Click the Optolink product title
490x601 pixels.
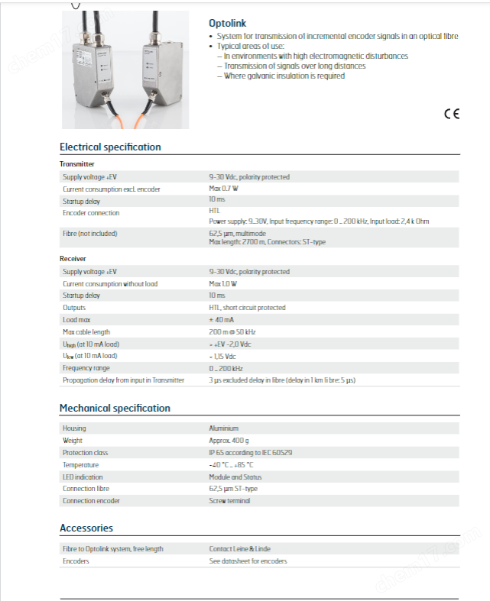[228, 24]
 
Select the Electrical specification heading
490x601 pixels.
[110, 147]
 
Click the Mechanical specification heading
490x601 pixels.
[115, 408]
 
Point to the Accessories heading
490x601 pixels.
[86, 528]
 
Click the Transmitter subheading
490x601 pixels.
[77, 164]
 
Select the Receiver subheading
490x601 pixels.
[73, 259]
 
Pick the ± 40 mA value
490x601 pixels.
[222, 320]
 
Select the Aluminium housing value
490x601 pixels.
[224, 428]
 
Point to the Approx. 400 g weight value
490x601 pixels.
[229, 441]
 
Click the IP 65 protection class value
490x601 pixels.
[251, 452]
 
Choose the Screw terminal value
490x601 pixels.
[229, 500]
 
